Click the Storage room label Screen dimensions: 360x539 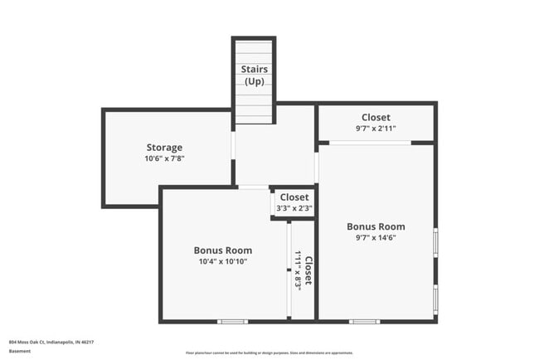coord(164,148)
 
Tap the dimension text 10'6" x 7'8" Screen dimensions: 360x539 coord(164,158)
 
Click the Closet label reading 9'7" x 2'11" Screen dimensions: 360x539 coord(376,118)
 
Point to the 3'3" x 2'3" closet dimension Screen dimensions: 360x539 coord(294,208)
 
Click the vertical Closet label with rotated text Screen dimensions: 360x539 coord(308,270)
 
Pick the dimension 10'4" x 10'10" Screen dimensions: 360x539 coord(223,261)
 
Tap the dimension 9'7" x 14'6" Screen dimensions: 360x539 coord(376,237)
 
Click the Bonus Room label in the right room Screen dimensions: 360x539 coord(376,226)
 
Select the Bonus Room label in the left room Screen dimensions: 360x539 coord(223,251)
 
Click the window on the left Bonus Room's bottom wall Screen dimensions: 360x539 coord(232,321)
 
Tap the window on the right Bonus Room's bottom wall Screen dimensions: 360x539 coord(363,321)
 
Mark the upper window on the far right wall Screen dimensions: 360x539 coord(435,242)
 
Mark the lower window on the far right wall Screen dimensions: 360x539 coord(435,298)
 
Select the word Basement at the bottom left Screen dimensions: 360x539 coord(19,351)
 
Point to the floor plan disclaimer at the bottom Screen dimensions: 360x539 coord(269,353)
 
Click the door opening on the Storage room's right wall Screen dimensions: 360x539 coord(233,145)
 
